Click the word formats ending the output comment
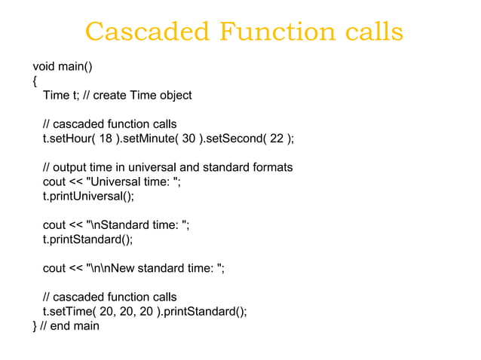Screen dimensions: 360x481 271,167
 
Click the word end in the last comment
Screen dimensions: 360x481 65,326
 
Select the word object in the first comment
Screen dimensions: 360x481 174,95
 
